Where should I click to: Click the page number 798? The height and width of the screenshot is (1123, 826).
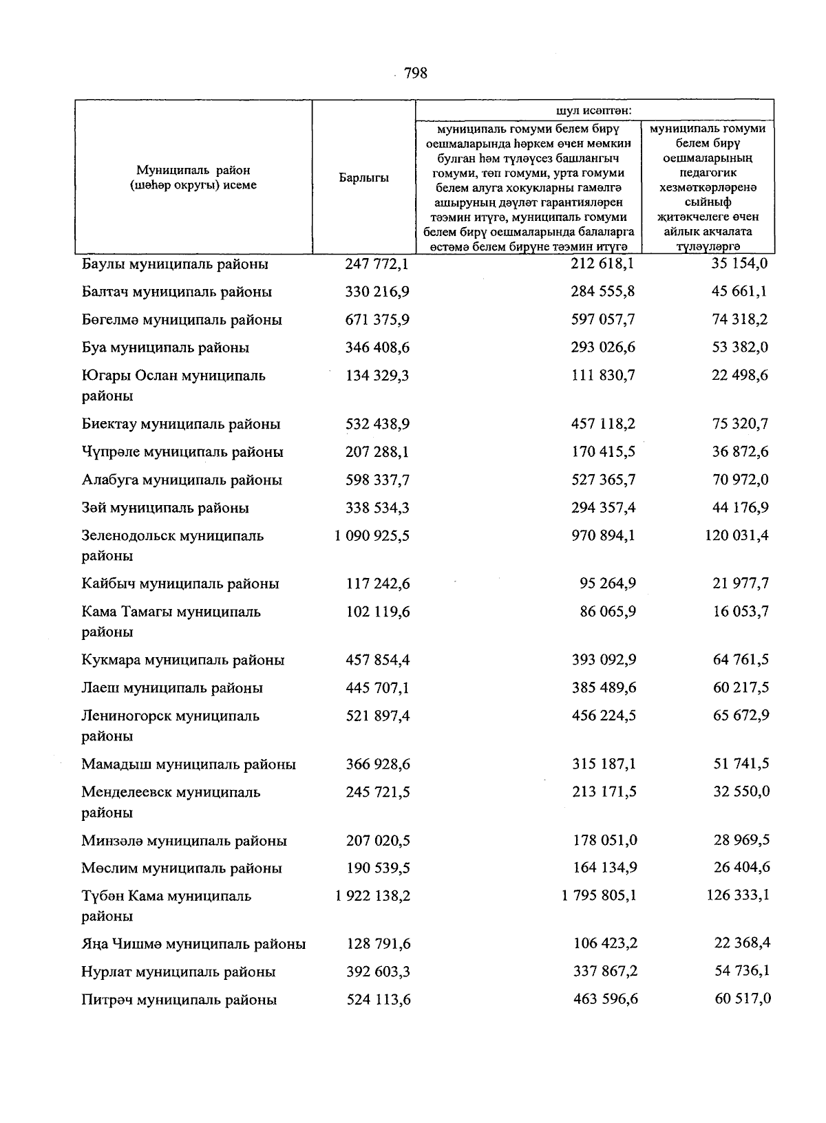[x=415, y=73]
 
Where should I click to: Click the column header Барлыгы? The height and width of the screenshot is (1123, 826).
[x=363, y=178]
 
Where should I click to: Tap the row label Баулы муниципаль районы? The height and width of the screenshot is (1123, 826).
[x=175, y=264]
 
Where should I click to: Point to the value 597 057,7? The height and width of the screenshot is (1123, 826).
[x=603, y=319]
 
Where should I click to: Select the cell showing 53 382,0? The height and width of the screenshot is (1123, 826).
[x=740, y=347]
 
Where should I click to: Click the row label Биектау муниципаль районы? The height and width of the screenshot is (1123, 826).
[x=180, y=424]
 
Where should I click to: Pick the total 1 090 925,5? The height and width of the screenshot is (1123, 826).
[x=372, y=535]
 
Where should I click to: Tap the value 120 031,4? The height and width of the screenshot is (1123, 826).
[x=737, y=535]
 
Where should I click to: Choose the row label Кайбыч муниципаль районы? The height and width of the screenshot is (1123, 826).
[x=180, y=584]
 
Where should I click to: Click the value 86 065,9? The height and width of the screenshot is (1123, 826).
[x=608, y=611]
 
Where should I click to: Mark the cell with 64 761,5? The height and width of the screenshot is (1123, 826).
[x=741, y=659]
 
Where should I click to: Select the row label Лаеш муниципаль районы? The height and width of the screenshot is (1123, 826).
[x=171, y=687]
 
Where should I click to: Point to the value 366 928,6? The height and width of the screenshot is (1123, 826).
[x=377, y=764]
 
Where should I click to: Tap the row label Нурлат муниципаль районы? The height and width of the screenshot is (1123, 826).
[x=178, y=972]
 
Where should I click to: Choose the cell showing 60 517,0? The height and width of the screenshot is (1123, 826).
[x=742, y=998]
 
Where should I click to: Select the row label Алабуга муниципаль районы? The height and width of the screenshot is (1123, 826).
[x=181, y=480]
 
